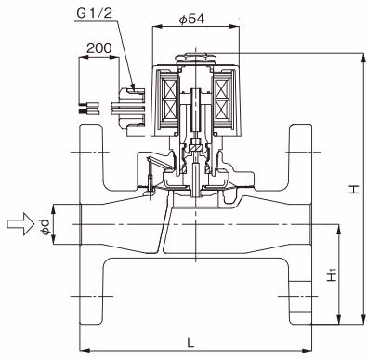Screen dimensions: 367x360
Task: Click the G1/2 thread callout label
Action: pyautogui.click(x=94, y=13)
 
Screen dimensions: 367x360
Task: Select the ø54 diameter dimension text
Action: pyautogui.click(x=191, y=19)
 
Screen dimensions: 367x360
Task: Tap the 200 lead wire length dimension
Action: pyautogui.click(x=98, y=48)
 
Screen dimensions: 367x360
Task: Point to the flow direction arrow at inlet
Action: pyautogui.click(x=20, y=224)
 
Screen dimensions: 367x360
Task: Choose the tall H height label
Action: pyautogui.click(x=354, y=189)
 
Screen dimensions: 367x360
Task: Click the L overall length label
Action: pyautogui.click(x=191, y=342)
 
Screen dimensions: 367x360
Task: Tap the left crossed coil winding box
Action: pyautogui.click(x=169, y=100)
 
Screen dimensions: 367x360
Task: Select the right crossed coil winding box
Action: pyautogui.click(x=223, y=100)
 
